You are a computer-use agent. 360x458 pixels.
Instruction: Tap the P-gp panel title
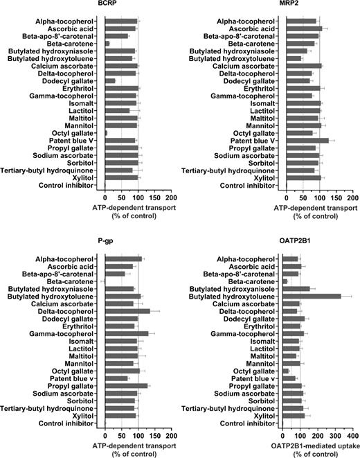[105, 241]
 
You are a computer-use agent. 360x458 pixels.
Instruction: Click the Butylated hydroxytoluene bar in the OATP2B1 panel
[312, 297]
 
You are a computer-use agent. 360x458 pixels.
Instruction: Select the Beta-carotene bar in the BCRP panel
[107, 44]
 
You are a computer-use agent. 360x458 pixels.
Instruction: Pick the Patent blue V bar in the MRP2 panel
[307, 141]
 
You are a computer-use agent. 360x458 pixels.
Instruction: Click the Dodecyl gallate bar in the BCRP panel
[110, 81]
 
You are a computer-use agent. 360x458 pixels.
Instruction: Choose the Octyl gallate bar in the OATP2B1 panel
[286, 371]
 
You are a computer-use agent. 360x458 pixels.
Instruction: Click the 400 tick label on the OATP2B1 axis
[352, 436]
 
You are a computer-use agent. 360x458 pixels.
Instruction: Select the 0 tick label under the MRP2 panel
[287, 198]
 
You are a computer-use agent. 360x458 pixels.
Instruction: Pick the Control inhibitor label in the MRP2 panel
[247, 186]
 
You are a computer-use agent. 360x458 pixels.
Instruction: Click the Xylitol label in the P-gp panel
[83, 416]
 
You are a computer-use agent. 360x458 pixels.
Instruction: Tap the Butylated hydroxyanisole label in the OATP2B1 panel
[232, 289]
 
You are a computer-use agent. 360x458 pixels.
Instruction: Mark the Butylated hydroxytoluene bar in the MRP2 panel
[294, 59]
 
